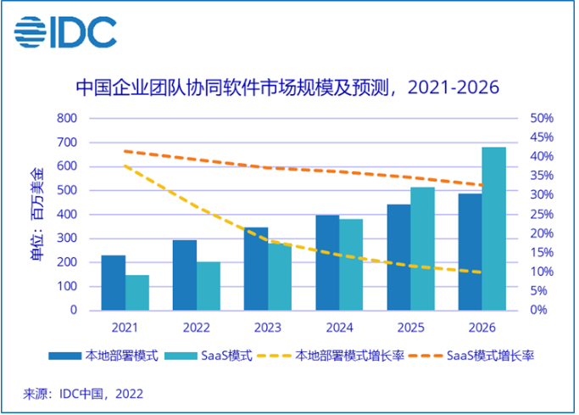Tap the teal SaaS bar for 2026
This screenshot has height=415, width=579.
click(x=493, y=228)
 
